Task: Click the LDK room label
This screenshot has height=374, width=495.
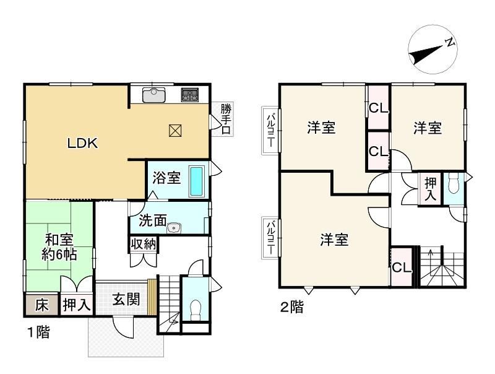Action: (83, 143)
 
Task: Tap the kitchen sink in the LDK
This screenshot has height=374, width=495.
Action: (153, 95)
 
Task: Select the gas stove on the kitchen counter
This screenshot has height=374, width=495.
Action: (190, 95)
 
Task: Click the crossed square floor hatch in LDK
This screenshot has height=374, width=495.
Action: (175, 131)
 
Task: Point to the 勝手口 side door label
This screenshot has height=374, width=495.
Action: (226, 120)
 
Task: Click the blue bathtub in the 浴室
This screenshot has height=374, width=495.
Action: (196, 181)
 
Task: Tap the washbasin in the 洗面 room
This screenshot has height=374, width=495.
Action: (174, 228)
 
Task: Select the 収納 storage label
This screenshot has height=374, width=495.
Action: (144, 244)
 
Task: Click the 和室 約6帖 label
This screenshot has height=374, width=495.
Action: (59, 247)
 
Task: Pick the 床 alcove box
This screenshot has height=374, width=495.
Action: (41, 305)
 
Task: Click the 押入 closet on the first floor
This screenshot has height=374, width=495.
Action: (77, 305)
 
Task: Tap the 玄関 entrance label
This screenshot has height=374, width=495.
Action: (126, 299)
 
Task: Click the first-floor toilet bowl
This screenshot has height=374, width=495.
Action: (196, 310)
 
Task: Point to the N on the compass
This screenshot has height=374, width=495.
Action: (450, 43)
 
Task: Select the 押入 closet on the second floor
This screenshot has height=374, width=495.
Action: (429, 189)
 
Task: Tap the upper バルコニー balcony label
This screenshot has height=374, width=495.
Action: (270, 131)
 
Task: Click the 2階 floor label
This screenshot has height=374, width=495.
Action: (292, 307)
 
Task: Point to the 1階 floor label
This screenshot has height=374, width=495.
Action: (38, 332)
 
